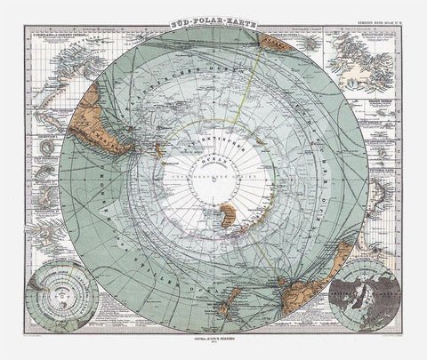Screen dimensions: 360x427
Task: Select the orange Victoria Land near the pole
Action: (229, 214)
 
